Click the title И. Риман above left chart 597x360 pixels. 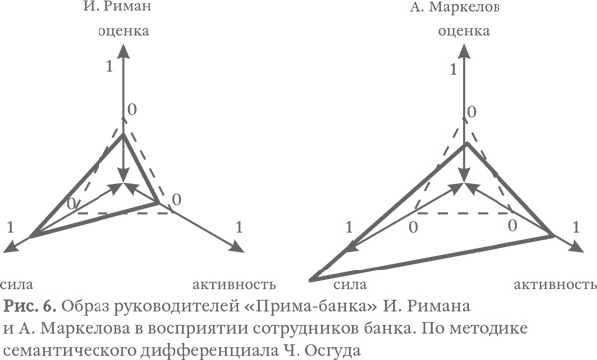[x=123, y=9]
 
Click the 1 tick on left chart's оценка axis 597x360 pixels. [x=108, y=66]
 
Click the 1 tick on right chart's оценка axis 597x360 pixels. [x=453, y=70]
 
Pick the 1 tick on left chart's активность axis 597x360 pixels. [x=240, y=228]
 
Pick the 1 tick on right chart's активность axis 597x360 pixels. [x=575, y=228]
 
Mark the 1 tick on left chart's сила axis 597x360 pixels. [x=10, y=228]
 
